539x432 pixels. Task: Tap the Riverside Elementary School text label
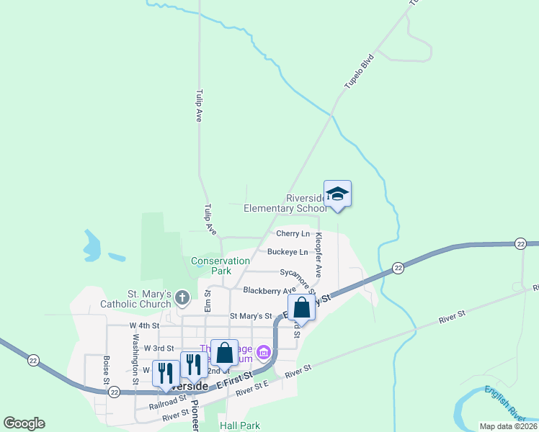(x=285, y=204)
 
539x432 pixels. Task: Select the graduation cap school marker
(x=337, y=194)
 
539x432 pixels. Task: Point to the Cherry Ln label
(x=293, y=234)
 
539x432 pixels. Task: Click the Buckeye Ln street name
(x=288, y=252)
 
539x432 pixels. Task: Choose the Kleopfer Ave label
(x=318, y=259)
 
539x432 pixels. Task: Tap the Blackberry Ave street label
(x=269, y=291)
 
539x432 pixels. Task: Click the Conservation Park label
(x=211, y=266)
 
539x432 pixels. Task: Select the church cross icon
(x=182, y=297)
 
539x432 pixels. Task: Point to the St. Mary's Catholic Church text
(x=150, y=299)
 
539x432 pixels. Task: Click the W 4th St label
(x=143, y=325)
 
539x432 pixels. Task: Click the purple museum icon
(x=264, y=352)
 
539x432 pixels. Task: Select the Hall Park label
(x=240, y=426)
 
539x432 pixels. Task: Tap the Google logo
(x=24, y=423)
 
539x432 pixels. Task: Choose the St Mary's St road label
(x=251, y=316)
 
